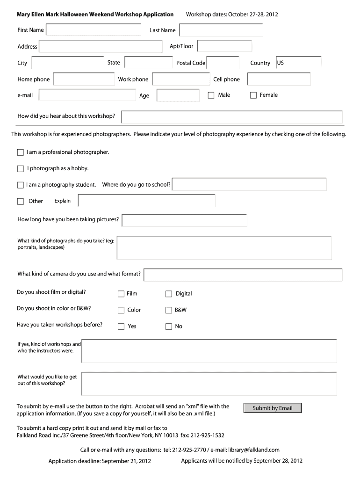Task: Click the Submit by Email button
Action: click(272, 408)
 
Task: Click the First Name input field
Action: click(93, 30)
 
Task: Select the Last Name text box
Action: click(221, 30)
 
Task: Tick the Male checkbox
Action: click(211, 95)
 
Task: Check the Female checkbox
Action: click(253, 95)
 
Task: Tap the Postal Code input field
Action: click(223, 63)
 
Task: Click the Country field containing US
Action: click(298, 63)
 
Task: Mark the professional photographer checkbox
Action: click(20, 152)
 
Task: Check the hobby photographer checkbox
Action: click(20, 168)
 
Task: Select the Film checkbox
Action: click(121, 294)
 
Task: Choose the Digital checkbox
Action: click(169, 294)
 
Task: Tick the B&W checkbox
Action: click(169, 310)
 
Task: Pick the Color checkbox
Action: click(121, 310)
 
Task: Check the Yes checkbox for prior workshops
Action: click(121, 327)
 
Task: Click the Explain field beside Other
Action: click(146, 201)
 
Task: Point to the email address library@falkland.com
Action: click(253, 450)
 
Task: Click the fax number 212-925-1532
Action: click(208, 435)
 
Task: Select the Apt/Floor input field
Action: click(224, 46)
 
